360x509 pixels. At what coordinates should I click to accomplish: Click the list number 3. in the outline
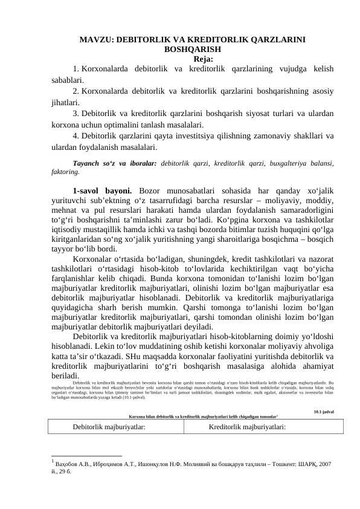76,113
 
